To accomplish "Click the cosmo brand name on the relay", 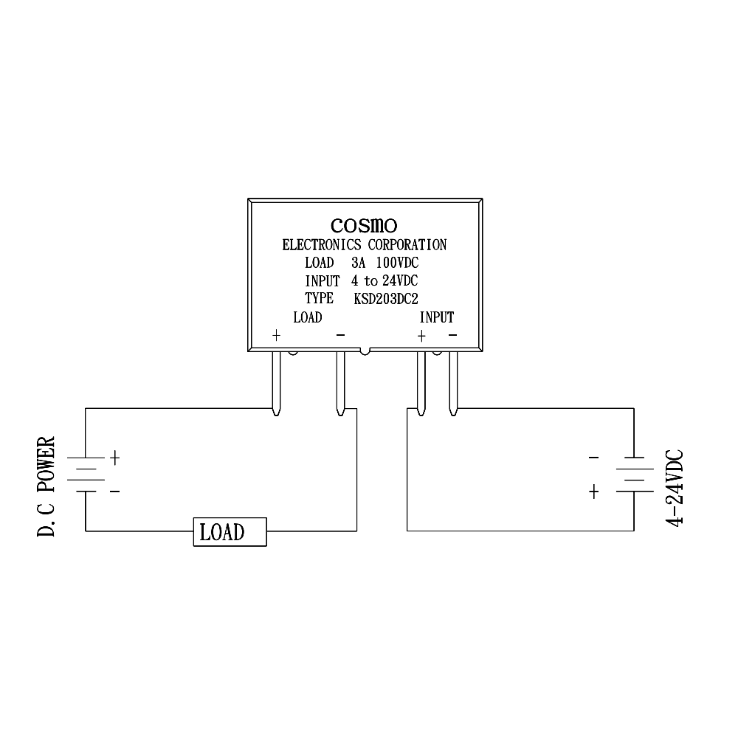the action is click(364, 225).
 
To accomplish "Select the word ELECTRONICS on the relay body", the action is click(322, 245).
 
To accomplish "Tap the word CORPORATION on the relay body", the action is click(407, 245).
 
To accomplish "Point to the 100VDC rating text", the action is click(397, 263).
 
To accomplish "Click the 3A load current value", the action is click(358, 263).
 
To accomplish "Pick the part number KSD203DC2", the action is click(386, 299).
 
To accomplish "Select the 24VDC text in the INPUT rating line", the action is click(400, 281).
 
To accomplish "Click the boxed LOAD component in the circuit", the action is click(230, 532).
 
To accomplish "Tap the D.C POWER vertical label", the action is click(46, 486).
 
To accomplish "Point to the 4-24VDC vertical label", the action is click(674, 488).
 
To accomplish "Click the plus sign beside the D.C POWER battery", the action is click(115, 458).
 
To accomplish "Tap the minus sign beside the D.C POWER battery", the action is click(115, 492).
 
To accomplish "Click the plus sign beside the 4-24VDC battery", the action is click(594, 492).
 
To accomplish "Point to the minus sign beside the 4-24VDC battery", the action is click(594, 457).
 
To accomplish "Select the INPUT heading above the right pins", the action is click(437, 317).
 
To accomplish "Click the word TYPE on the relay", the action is click(319, 298).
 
